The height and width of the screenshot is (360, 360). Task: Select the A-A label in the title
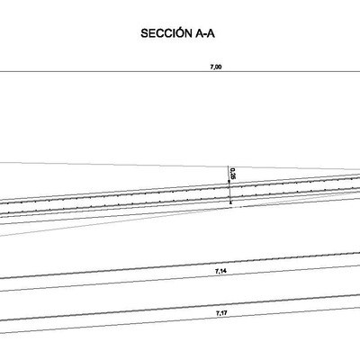205,33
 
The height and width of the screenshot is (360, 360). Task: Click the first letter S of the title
144,33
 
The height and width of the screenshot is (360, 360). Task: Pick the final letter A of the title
211,33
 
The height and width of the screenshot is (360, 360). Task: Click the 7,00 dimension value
216,67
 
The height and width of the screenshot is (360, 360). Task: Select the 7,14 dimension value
220,272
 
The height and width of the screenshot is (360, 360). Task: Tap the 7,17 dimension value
221,313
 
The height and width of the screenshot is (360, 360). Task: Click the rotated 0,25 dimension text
232,174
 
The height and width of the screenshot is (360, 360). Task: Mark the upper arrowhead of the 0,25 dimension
229,186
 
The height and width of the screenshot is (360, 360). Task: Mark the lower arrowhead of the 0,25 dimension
230,202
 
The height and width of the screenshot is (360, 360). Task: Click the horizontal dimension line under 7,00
180,72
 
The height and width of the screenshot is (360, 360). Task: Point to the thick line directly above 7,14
180,265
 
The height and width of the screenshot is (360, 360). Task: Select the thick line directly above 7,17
180,308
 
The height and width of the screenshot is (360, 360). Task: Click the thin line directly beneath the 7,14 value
180,278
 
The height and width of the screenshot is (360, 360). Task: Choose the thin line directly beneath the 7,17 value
180,320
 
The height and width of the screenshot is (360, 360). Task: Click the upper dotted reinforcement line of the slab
180,191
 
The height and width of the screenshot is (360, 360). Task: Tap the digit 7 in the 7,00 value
212,67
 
